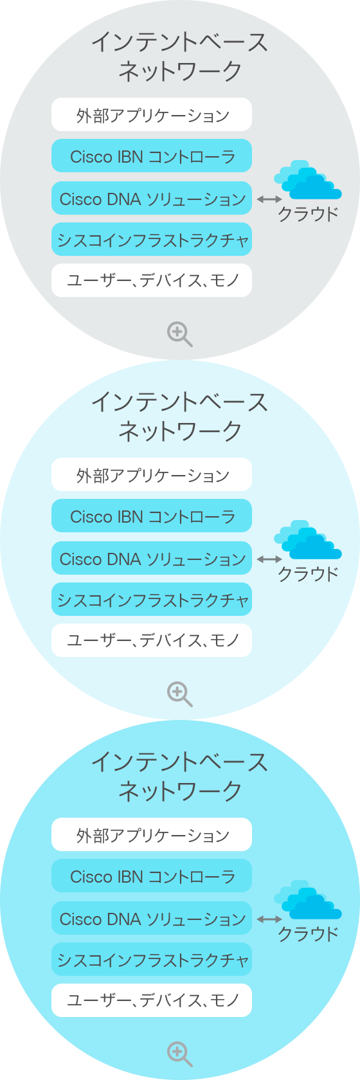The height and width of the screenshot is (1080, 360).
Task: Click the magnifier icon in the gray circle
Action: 179,334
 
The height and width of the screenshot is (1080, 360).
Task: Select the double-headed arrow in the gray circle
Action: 269,199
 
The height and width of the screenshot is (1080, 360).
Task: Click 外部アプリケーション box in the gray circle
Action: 152,114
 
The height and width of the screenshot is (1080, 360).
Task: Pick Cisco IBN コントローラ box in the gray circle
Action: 152,156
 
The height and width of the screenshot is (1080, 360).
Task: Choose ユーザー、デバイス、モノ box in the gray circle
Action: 152,280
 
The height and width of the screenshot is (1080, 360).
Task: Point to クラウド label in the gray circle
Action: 309,214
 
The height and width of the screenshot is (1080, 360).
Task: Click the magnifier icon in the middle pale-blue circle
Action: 179,694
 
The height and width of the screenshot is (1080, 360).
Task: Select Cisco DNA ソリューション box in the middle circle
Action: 152,558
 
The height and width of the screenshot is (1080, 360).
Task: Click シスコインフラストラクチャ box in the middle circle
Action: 152,599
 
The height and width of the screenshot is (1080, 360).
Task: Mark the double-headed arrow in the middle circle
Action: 269,559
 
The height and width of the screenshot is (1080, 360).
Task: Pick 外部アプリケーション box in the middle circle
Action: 152,475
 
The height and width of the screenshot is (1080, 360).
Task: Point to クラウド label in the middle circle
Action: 309,574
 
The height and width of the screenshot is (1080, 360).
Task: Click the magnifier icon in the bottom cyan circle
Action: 179,1054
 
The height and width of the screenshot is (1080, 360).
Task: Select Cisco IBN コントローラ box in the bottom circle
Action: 152,876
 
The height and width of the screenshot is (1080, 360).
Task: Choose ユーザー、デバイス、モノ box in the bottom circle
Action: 152,1000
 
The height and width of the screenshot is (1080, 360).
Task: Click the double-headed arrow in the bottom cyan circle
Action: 269,919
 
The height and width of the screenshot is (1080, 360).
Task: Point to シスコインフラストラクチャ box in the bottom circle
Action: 152,959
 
